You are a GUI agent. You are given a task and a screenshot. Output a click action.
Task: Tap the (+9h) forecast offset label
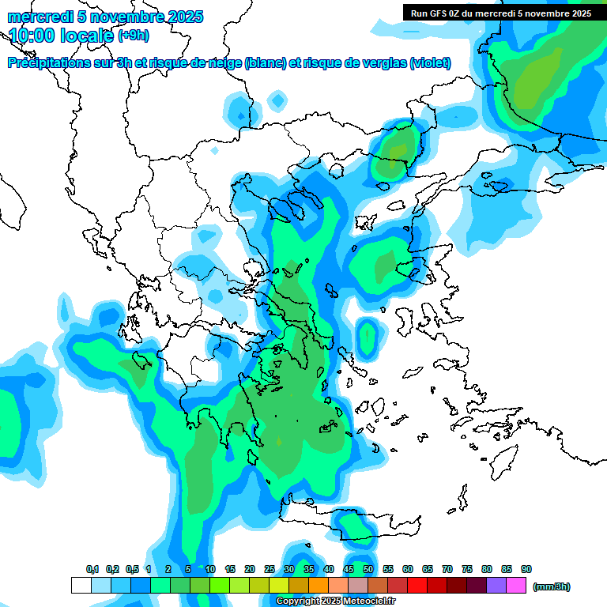pyautogui.click(x=134, y=35)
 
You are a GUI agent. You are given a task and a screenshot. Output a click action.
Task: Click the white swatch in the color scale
pyautogui.click(x=81, y=586)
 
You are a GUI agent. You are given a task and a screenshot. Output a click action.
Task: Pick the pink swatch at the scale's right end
pyautogui.click(x=516, y=586)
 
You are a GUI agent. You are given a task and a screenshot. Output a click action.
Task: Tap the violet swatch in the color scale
pyautogui.click(x=496, y=586)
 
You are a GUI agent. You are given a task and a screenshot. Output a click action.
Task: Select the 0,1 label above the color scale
pyautogui.click(x=92, y=569)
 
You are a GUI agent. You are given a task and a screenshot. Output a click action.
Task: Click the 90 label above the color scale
pyautogui.click(x=526, y=569)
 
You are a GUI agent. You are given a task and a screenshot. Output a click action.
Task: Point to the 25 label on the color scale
pyautogui.click(x=270, y=569)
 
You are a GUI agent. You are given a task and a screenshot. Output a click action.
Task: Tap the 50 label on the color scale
pyautogui.click(x=368, y=569)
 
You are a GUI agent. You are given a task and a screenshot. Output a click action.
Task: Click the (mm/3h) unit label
pyautogui.click(x=552, y=586)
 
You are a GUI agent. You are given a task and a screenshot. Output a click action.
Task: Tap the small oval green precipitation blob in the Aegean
pyautogui.click(x=366, y=336)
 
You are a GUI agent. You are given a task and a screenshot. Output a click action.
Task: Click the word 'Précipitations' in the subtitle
pyautogui.click(x=47, y=62)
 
